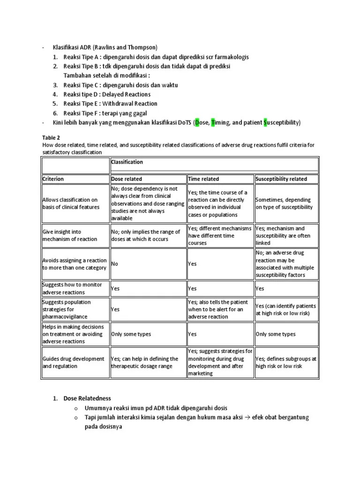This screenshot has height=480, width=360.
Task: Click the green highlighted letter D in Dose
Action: [197, 123]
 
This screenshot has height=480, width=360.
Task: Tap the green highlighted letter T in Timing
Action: [214, 123]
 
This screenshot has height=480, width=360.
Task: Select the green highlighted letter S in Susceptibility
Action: [266, 123]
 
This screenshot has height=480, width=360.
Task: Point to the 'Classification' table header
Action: [127, 162]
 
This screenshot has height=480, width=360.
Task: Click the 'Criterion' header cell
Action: [53, 179]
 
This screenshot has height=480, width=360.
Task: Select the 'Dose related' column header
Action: [127, 179]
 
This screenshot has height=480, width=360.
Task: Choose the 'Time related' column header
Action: [203, 179]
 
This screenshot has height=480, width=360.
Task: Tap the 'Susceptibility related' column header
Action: [281, 179]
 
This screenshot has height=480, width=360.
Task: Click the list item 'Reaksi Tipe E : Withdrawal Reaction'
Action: [111, 104]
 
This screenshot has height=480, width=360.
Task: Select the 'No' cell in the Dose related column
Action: [115, 264]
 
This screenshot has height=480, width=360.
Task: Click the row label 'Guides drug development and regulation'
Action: [74, 362]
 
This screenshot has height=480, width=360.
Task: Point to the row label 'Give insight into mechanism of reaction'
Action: [70, 235]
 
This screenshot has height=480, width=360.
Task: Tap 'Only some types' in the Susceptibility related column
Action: [276, 334]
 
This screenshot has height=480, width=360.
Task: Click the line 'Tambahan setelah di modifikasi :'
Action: [107, 75]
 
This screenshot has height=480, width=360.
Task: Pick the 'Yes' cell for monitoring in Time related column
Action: [192, 289]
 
